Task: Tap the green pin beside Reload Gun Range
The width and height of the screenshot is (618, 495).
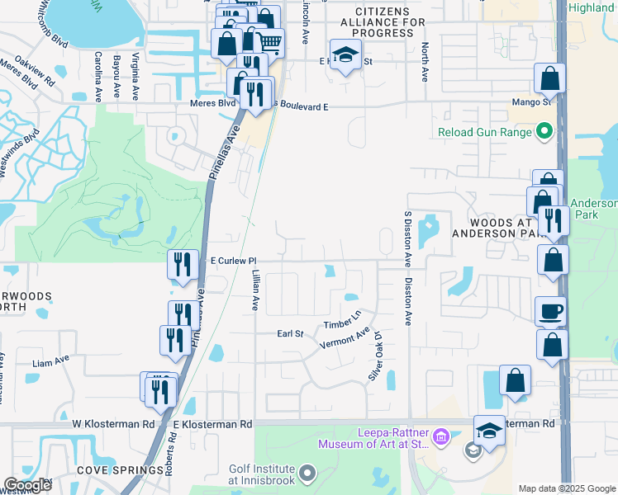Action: point(544,131)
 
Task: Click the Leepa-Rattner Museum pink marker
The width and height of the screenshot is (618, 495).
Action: point(440,436)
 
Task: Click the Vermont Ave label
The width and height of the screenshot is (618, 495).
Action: point(345,339)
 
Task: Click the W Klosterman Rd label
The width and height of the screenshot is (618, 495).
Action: point(113,424)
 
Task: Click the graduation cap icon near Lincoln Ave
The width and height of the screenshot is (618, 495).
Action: point(345,55)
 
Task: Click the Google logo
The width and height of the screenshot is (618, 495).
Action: point(27,485)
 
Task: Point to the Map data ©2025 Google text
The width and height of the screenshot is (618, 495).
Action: point(567,488)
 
